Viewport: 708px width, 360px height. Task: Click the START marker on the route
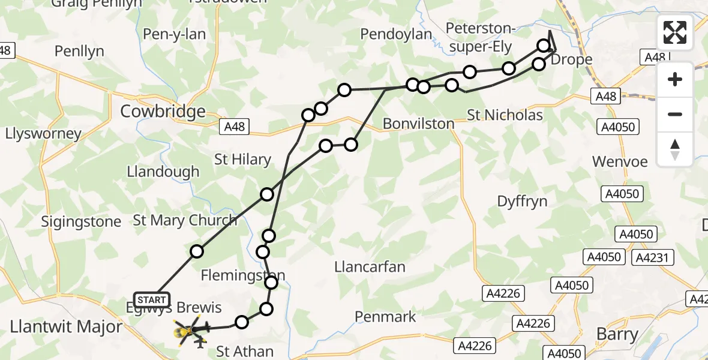(x=152, y=299)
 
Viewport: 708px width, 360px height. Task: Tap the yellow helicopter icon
(x=186, y=332)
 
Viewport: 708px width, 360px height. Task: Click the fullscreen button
(x=675, y=32)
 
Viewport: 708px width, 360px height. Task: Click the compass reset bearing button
(x=675, y=150)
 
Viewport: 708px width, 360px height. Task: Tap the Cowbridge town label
(x=163, y=111)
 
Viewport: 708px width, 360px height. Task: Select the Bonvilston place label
(x=419, y=124)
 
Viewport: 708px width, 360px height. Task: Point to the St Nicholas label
(x=505, y=115)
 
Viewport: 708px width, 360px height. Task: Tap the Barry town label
(x=617, y=334)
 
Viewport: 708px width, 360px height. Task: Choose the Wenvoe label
(x=620, y=161)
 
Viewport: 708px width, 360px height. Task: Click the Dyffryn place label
(x=522, y=201)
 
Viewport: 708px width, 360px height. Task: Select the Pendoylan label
(x=396, y=34)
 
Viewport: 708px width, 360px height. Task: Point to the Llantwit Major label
(x=66, y=326)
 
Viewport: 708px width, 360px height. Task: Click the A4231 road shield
(x=654, y=257)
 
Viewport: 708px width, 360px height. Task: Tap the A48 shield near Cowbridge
(x=236, y=127)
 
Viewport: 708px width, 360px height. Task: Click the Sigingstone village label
(x=81, y=221)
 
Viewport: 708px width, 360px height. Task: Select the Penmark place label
(x=385, y=316)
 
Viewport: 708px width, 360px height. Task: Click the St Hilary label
(x=242, y=160)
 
